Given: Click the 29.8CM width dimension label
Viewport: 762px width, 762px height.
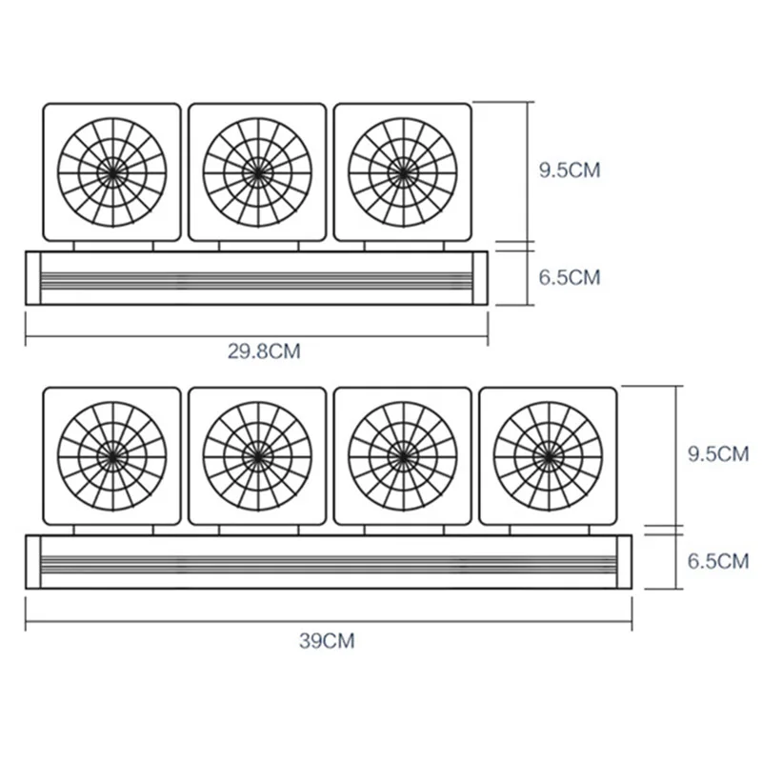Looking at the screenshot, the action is (x=264, y=350).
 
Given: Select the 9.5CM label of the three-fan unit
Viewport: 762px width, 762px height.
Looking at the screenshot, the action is (x=569, y=170).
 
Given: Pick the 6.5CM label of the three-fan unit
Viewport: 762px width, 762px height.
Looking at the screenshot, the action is (x=569, y=278).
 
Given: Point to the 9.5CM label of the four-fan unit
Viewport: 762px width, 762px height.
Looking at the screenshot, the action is (x=717, y=453).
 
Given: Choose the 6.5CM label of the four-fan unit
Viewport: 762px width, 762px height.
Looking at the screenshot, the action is (x=717, y=561).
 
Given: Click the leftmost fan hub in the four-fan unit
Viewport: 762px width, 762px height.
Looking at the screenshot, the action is (x=112, y=454).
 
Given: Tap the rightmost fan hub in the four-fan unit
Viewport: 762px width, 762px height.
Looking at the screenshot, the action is (x=547, y=454).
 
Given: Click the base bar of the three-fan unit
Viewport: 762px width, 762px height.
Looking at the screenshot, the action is (x=256, y=278).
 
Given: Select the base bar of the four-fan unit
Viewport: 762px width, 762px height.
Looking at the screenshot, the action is (x=330, y=562).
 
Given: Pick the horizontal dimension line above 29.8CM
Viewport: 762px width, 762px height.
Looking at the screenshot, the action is (x=256, y=335).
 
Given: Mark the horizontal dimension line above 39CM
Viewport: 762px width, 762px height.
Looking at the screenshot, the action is (x=330, y=624).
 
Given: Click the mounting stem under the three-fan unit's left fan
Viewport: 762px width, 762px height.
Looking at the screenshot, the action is (x=112, y=245).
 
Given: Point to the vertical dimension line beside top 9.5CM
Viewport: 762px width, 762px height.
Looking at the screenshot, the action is (x=527, y=171).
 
